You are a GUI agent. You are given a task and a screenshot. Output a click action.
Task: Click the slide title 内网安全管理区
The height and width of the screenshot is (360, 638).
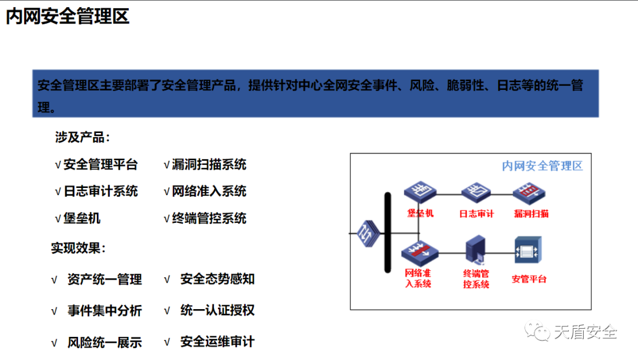pos(67,17)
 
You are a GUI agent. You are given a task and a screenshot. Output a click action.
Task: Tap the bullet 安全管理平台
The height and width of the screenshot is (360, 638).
pos(100,164)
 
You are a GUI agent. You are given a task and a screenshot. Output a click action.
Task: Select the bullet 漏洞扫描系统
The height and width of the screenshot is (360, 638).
pos(209,164)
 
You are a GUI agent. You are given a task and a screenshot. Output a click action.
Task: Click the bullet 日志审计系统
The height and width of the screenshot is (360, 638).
pos(100,192)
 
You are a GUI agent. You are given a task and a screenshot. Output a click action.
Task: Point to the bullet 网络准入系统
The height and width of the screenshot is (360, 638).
pos(209,192)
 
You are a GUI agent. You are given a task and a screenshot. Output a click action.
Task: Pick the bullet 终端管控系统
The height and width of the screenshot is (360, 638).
pos(209,219)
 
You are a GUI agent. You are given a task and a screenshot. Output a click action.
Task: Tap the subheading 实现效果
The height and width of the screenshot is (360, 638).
pos(78,248)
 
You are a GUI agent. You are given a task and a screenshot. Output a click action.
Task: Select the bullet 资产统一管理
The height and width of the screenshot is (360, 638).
pos(105,280)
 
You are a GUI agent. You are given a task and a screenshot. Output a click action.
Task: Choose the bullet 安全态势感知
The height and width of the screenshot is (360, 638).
pos(217,279)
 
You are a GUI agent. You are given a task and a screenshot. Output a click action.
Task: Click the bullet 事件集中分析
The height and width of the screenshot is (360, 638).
pos(105,311)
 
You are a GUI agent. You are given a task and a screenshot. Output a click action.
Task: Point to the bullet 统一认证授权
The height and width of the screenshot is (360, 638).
pos(217,310)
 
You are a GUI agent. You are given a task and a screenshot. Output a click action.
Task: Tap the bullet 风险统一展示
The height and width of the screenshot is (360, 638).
pos(105,342)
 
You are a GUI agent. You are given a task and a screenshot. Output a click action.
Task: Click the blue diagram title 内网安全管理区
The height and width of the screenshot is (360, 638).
pos(542,166)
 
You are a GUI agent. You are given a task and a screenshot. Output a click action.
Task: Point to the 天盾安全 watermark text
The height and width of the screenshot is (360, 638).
pos(585,333)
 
